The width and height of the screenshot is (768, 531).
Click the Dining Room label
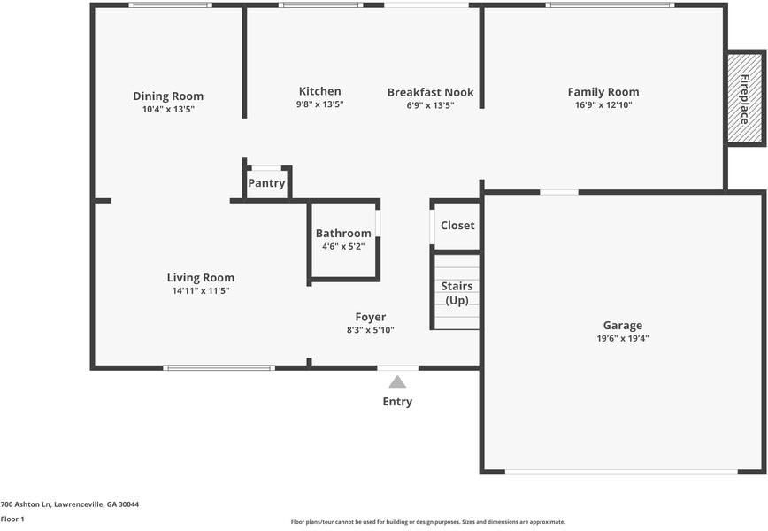[168, 96]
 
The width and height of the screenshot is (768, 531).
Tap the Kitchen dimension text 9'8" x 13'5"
[319, 104]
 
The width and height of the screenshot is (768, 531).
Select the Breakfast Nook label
[430, 92]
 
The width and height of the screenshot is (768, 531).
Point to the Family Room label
[603, 92]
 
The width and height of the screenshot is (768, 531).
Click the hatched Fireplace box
[744, 97]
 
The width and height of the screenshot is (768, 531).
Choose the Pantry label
[266, 183]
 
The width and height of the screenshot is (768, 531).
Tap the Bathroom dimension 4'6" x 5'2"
[343, 246]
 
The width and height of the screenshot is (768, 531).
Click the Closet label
[457, 226]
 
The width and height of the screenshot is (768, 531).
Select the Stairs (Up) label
[457, 293]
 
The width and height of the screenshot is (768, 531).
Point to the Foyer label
[370, 317]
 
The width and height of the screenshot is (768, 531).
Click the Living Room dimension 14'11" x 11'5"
[201, 290]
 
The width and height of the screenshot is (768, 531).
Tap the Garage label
[623, 326]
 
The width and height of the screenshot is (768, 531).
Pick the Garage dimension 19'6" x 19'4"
[623, 338]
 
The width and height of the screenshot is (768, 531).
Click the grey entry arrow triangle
[397, 381]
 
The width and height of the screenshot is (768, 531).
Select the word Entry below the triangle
[397, 402]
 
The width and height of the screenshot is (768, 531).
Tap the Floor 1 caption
[12, 519]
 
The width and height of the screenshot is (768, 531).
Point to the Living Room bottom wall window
[219, 367]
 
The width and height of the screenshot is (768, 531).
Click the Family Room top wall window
[610, 5]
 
